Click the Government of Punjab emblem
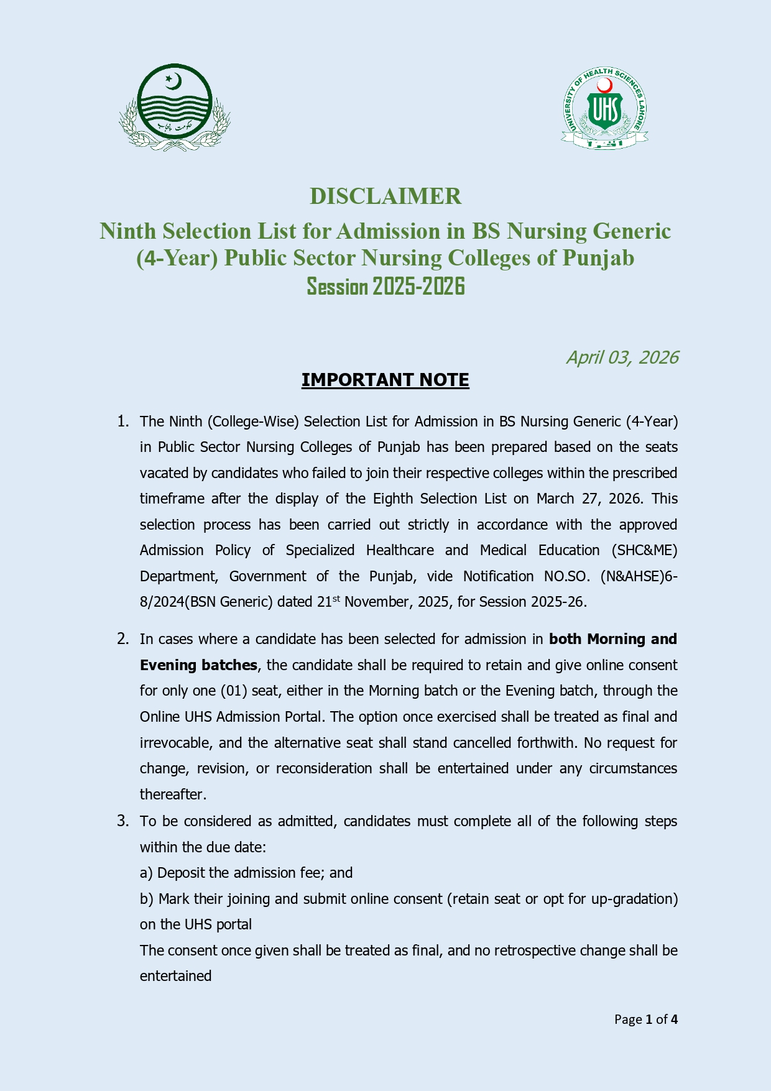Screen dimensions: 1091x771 (x=175, y=108)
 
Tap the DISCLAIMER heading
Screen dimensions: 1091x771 (x=386, y=196)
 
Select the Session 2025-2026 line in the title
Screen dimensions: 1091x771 (x=386, y=287)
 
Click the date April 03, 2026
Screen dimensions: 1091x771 (x=621, y=357)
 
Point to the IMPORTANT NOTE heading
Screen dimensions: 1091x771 (x=385, y=380)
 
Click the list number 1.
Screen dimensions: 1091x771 (x=123, y=421)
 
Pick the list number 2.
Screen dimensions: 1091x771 (x=123, y=639)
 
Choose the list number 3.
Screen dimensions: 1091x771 (x=123, y=821)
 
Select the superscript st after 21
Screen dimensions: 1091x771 (x=336, y=598)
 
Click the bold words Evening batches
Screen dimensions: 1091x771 (x=198, y=665)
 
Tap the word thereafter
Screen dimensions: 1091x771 (x=173, y=795)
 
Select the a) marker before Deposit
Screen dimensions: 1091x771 (x=146, y=873)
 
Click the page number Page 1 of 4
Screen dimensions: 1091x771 (x=645, y=1020)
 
